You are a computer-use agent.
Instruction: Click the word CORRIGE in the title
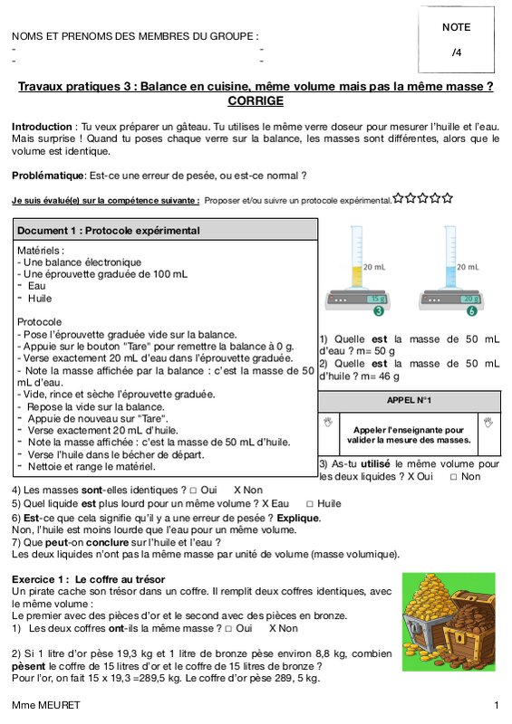click(256, 100)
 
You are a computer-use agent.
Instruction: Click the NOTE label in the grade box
click(456, 27)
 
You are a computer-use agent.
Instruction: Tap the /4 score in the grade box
click(457, 52)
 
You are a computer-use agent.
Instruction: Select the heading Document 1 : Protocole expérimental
click(108, 231)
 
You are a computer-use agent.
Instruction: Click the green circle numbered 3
click(379, 310)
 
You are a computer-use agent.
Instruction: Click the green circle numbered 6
click(471, 310)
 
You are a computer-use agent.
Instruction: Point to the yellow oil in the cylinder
click(357, 277)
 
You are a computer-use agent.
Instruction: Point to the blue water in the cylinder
click(450, 277)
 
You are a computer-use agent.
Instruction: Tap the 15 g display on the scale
click(376, 299)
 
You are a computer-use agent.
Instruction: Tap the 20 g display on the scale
click(470, 299)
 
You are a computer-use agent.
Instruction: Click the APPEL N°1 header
click(409, 400)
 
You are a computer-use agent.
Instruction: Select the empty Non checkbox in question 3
click(454, 477)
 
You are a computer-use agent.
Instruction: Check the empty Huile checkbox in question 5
click(309, 504)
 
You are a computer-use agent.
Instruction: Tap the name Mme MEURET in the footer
click(46, 705)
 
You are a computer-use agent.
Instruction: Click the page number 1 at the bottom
click(497, 705)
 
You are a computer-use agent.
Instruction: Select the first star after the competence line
click(398, 198)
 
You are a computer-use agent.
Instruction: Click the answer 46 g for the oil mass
click(389, 376)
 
